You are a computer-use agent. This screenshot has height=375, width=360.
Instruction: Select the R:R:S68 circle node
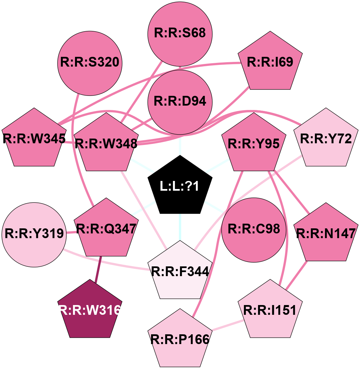coord(180,34)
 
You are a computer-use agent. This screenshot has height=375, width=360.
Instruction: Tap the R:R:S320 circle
coord(90,63)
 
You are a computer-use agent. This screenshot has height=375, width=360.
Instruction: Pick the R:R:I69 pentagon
coord(270,63)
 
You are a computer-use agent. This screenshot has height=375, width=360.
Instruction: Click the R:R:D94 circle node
coord(180,102)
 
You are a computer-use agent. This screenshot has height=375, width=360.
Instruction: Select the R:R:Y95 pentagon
coord(254,144)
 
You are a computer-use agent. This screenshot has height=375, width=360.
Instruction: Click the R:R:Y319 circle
coord(34,234)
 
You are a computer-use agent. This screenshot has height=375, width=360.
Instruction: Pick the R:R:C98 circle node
coord(254,229)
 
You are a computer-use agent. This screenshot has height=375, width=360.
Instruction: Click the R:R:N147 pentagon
coord(326,234)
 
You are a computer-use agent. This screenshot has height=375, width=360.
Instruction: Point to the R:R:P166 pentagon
coord(180,339)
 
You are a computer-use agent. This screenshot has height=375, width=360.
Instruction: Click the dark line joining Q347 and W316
coord(99,268)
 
